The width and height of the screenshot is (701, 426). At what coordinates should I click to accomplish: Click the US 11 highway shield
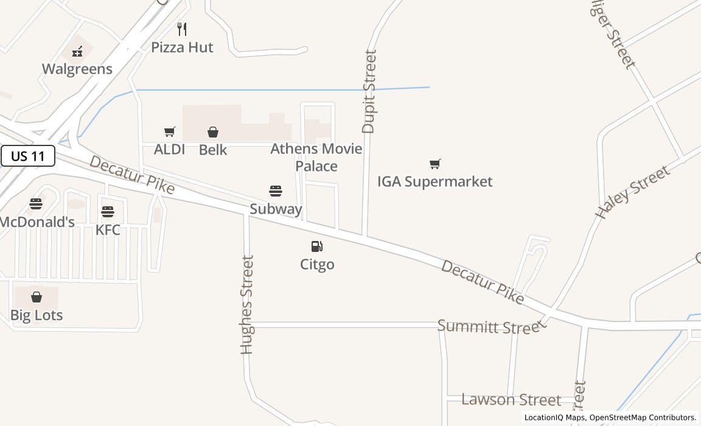[28, 156]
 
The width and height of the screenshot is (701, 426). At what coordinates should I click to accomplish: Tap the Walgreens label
[77, 69]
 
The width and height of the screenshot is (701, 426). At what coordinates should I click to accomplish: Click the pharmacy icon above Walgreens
[77, 52]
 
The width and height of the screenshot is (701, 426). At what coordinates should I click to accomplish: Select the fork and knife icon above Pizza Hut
[182, 29]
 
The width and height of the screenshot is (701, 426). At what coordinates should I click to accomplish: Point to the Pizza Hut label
[182, 47]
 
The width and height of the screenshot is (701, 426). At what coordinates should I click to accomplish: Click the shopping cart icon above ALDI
[170, 132]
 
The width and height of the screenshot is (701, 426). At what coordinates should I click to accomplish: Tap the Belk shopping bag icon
[213, 132]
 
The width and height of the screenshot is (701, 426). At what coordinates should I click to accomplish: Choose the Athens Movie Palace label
[316, 157]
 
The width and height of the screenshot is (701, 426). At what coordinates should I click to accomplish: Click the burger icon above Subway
[276, 191]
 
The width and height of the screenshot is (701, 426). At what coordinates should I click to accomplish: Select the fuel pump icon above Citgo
[317, 246]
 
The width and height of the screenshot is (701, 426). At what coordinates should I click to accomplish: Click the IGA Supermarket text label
[434, 181]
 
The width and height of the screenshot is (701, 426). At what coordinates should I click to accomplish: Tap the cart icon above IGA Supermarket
[434, 164]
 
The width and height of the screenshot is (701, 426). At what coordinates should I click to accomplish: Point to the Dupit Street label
[369, 91]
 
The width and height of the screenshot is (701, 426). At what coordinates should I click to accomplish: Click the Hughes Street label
[246, 304]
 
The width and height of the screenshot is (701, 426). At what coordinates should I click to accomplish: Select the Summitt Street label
[489, 327]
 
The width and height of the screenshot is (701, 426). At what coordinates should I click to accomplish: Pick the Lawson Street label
[511, 400]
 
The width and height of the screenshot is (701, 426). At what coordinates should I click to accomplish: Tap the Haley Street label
[632, 192]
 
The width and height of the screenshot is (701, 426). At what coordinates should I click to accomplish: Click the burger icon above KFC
[108, 212]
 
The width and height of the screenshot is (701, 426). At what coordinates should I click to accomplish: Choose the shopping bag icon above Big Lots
[37, 297]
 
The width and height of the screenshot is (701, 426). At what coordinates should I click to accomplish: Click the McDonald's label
[37, 222]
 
